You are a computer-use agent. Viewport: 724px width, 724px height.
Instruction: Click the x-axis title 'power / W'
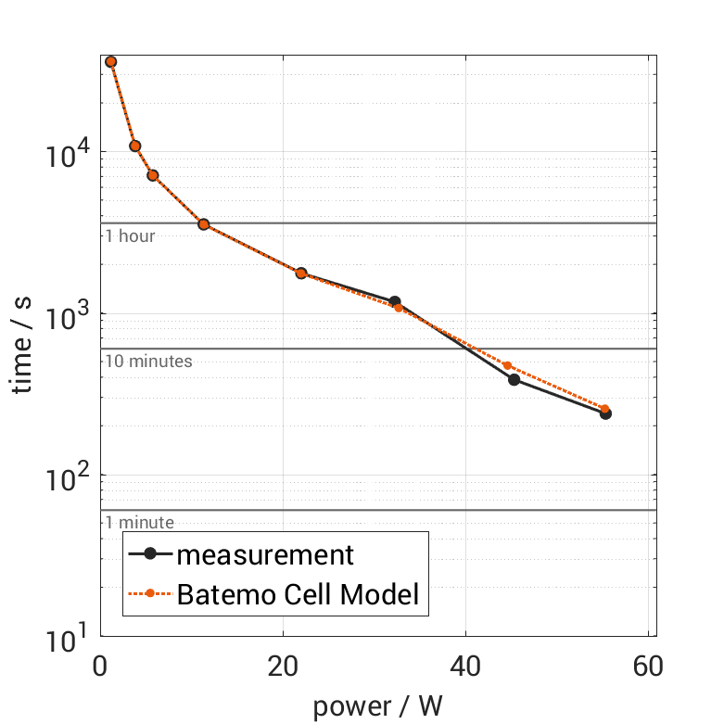click(377, 706)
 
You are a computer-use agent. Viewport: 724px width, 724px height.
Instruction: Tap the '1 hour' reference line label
click(130, 236)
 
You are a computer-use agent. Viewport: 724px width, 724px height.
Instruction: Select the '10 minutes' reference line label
click(148, 362)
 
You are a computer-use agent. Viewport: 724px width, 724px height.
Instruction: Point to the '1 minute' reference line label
click(139, 523)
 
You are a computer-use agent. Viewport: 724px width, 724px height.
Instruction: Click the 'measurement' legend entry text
click(265, 554)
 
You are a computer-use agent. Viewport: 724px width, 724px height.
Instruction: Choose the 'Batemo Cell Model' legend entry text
click(298, 593)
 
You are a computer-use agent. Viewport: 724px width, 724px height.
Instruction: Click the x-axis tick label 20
click(283, 666)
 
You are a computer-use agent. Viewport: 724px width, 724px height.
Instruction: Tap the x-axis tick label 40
click(465, 666)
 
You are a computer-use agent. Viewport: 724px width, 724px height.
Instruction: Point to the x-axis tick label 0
click(101, 666)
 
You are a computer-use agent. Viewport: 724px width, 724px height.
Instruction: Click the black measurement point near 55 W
click(605, 413)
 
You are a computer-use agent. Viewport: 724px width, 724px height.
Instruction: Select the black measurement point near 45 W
click(514, 379)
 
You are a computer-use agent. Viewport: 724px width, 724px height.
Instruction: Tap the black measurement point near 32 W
click(395, 302)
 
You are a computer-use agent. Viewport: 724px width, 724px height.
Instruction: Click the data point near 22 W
click(301, 273)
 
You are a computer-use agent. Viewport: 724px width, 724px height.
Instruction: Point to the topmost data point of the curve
click(111, 62)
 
